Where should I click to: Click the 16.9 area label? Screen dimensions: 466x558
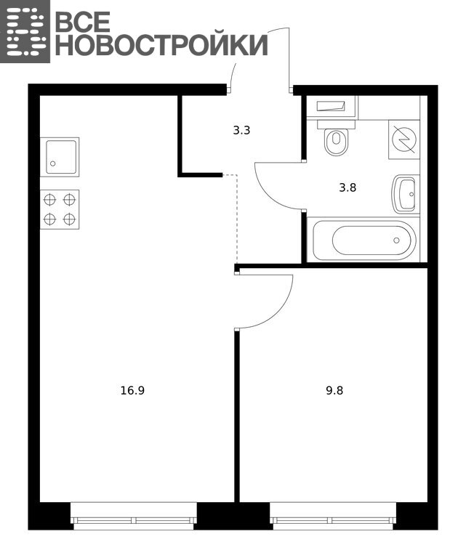(x=132, y=391)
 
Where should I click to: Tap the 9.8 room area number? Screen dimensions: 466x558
(x=334, y=391)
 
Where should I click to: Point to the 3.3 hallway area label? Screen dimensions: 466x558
(x=241, y=131)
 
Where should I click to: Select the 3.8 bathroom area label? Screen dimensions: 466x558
(x=348, y=187)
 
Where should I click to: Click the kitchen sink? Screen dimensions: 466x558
(x=60, y=157)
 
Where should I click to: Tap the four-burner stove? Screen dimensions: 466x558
(x=60, y=209)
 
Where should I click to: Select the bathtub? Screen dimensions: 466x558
(x=363, y=240)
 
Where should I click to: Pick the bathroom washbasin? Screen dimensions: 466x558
(x=406, y=194)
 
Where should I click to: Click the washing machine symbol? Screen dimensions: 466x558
(x=404, y=139)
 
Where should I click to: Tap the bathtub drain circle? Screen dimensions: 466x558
(x=397, y=240)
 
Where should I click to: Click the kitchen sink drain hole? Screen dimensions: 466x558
(x=53, y=163)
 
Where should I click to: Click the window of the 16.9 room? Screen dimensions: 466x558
(x=134, y=515)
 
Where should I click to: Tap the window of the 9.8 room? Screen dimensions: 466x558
(x=333, y=515)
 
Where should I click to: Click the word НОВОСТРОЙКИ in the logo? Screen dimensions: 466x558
(x=161, y=45)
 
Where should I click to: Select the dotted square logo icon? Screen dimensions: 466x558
(x=25, y=32)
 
